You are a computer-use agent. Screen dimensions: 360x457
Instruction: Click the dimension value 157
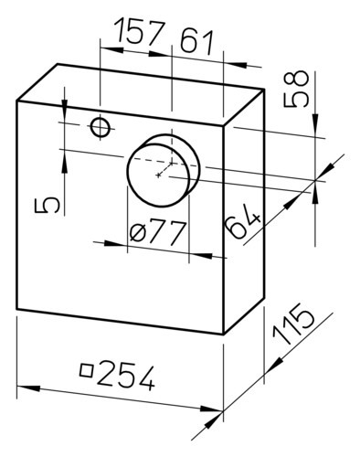(x=139, y=30)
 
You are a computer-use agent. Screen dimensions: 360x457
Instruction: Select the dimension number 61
(x=196, y=42)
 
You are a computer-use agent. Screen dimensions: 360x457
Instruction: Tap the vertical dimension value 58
(x=296, y=89)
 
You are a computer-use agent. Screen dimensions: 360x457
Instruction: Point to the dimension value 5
(x=47, y=206)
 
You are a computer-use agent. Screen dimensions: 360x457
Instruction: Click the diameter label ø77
(x=157, y=233)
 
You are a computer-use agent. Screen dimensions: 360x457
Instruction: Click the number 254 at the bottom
(x=126, y=375)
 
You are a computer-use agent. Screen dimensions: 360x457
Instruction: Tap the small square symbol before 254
(x=87, y=370)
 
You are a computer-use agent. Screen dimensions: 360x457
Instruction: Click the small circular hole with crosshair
(x=101, y=128)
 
